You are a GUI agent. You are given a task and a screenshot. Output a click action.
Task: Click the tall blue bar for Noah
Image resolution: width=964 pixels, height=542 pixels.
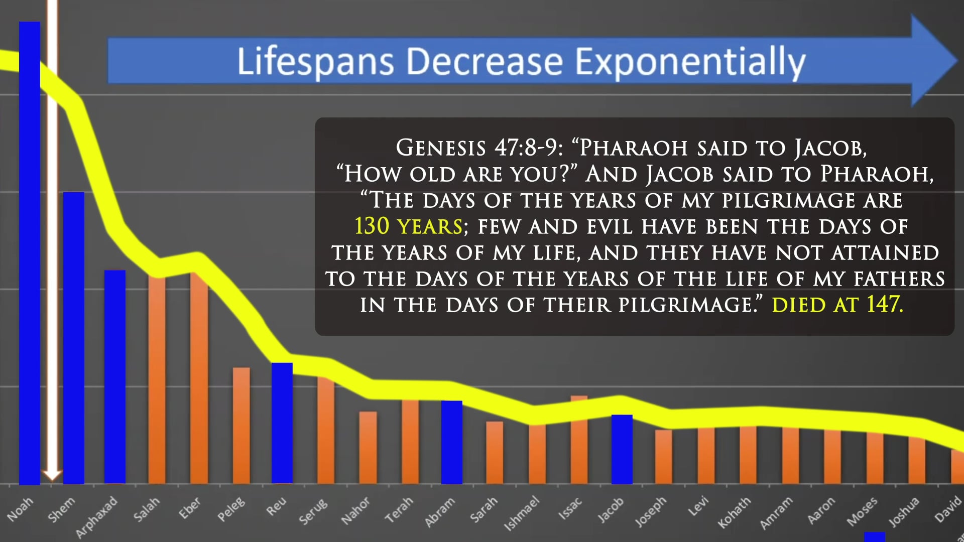tap(30, 251)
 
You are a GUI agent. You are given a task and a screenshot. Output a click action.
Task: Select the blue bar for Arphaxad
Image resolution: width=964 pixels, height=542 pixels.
tap(115, 376)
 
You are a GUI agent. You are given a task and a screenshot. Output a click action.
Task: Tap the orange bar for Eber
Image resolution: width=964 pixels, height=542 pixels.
tap(199, 376)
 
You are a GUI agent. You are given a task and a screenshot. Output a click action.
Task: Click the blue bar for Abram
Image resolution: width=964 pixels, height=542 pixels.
tap(452, 442)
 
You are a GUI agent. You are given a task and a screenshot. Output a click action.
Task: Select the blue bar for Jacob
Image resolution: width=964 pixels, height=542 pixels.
tap(622, 449)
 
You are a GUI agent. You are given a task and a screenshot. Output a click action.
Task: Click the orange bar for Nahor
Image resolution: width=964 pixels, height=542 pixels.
tap(368, 447)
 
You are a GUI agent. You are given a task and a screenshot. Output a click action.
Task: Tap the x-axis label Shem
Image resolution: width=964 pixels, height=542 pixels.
tap(62, 509)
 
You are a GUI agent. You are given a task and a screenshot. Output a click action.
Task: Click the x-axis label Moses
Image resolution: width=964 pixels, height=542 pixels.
tap(863, 511)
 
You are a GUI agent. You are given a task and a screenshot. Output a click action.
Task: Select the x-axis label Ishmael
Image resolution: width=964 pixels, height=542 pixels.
tap(522, 513)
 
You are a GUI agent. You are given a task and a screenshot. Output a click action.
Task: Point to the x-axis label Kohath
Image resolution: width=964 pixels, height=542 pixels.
tap(735, 512)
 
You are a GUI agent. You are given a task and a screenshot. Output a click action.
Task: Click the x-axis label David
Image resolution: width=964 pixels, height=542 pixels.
tap(948, 509)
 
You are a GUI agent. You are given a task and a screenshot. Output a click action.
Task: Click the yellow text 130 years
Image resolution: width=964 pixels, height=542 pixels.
tap(408, 226)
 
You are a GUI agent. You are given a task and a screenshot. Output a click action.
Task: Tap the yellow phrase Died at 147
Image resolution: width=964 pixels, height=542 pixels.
tap(837, 305)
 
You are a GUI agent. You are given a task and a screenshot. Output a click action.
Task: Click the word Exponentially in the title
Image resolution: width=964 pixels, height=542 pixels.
tap(690, 62)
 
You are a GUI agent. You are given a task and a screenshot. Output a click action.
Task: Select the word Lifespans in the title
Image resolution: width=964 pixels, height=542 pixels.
tap(315, 62)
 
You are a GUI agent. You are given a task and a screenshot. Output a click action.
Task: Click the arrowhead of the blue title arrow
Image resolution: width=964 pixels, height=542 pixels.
tap(934, 60)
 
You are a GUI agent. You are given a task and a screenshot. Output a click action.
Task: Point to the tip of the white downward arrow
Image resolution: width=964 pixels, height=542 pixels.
tap(52, 477)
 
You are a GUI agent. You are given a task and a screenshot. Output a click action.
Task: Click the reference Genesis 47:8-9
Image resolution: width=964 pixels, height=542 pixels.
tap(479, 148)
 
